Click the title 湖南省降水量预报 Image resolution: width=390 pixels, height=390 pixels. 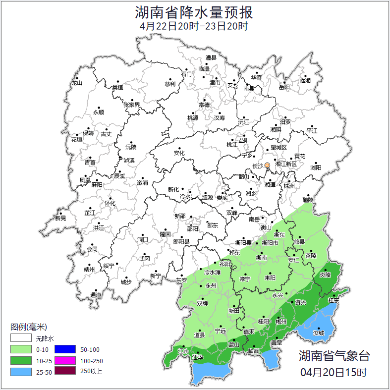[x=195, y=12]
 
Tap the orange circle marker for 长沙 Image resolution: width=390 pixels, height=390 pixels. [x=267, y=165]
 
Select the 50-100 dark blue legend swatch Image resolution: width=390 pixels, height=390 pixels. [x=64, y=349]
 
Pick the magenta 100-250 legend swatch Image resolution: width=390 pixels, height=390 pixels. [x=64, y=360]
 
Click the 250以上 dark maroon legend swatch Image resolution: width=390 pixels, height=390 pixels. [x=64, y=371]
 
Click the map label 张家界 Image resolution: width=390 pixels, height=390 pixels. [x=132, y=105]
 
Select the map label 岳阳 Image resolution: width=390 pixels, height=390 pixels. [x=284, y=87]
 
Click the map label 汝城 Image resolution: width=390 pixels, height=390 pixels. [x=319, y=333]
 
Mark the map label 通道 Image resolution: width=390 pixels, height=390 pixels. [x=96, y=295]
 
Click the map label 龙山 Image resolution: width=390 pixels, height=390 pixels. [x=76, y=83]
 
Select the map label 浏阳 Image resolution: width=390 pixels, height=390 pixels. [x=316, y=167]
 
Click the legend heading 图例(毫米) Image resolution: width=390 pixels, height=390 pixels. [x=29, y=327]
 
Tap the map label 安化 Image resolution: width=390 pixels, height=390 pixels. [x=179, y=153]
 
